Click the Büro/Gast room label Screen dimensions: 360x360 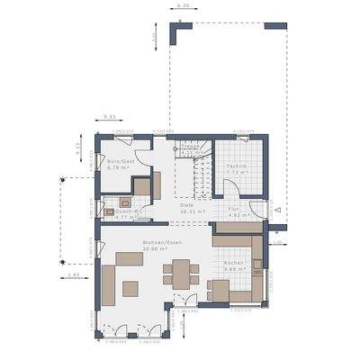tap(120, 160)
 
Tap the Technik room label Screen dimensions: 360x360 tap(237, 167)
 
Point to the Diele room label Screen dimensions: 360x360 tap(186, 205)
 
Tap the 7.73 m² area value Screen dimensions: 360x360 tap(237, 174)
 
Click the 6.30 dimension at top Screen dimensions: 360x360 tap(183, 5)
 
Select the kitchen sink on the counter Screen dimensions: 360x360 tap(256, 264)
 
